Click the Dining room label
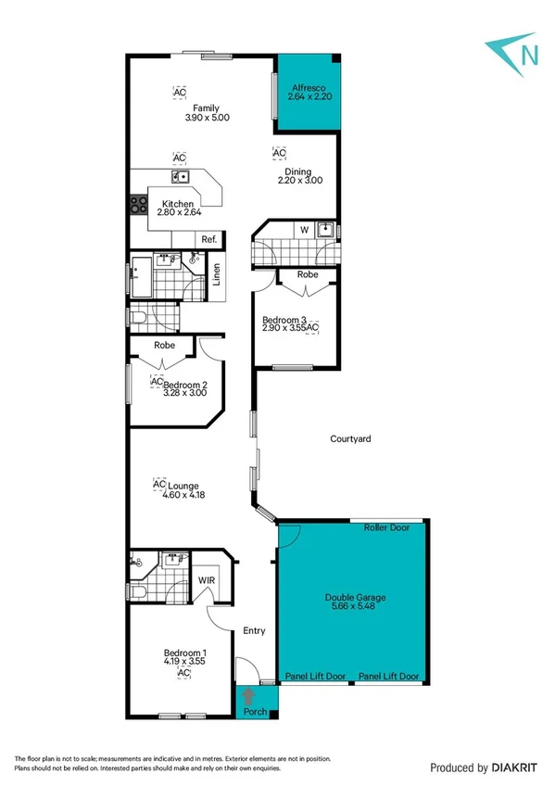[x=297, y=171]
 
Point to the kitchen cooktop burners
[x=139, y=205]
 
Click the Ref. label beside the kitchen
[x=209, y=239]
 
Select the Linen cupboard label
[x=216, y=276]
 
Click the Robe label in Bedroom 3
[x=308, y=275]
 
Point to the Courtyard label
[x=350, y=438]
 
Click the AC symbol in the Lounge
[x=158, y=485]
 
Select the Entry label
[x=254, y=630]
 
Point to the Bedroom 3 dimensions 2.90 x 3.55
[x=285, y=328]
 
